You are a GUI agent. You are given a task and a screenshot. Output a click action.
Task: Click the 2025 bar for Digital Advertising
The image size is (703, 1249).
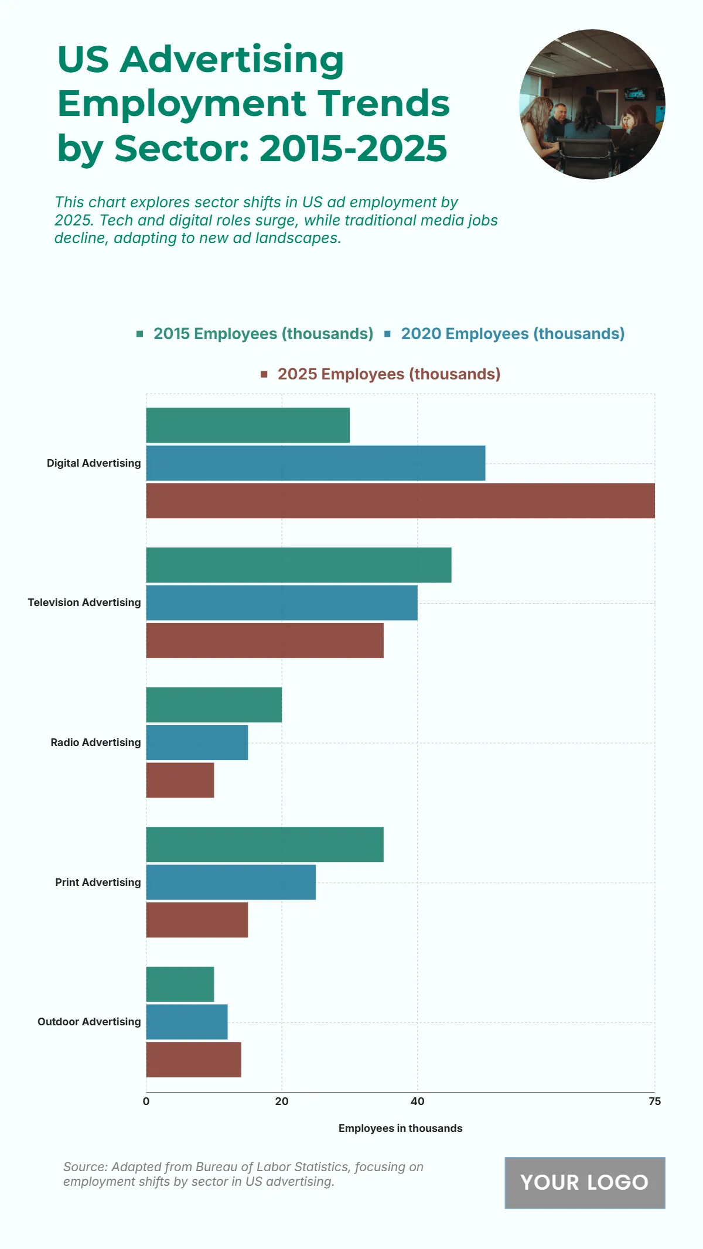click(x=400, y=501)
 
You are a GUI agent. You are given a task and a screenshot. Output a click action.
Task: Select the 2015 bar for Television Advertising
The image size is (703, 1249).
click(x=299, y=565)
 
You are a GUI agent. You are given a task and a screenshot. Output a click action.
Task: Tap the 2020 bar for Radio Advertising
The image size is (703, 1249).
click(x=197, y=742)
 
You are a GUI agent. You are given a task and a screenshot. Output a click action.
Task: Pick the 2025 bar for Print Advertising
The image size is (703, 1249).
click(x=197, y=920)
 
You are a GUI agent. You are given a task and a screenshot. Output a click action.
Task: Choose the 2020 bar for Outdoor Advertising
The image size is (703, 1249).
click(x=187, y=1022)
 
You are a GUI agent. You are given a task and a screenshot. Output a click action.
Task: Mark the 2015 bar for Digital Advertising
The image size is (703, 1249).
click(x=248, y=425)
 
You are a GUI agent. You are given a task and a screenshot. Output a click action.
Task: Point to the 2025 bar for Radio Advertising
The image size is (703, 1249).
click(x=180, y=780)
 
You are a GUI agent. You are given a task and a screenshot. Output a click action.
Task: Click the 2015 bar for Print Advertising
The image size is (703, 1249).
click(x=265, y=844)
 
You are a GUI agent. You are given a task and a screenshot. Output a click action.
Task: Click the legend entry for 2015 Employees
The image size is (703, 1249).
click(x=263, y=334)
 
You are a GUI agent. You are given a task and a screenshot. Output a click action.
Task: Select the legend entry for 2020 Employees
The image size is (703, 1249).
click(x=513, y=334)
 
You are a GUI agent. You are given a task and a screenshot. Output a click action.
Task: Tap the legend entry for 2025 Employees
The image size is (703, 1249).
click(x=388, y=374)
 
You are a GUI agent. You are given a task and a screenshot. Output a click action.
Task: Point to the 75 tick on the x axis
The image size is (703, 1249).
click(x=654, y=1101)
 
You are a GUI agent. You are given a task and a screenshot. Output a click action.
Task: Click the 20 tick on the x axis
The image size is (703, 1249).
click(x=282, y=1101)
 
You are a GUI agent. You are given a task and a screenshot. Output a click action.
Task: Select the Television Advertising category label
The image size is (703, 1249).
click(x=84, y=603)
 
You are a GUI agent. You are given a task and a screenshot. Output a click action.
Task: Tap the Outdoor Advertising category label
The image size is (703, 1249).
click(x=89, y=1022)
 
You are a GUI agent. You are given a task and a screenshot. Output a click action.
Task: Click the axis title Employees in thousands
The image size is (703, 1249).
click(x=400, y=1128)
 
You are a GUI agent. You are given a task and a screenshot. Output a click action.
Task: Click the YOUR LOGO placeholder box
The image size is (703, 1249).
click(x=585, y=1182)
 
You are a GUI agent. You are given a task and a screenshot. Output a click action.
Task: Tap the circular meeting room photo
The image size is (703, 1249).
click(x=592, y=104)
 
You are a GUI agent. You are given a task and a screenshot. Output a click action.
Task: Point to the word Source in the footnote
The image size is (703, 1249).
click(x=84, y=1167)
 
